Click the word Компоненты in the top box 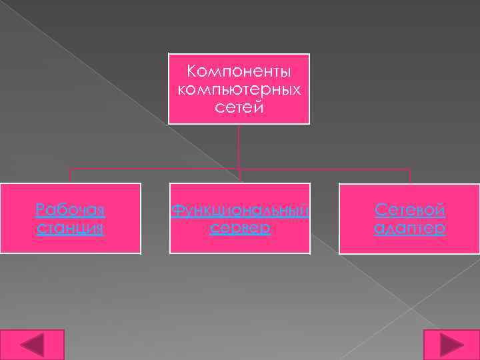[x=239, y=71]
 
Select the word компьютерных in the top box [x=239, y=89]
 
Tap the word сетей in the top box [x=239, y=107]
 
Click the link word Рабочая [x=70, y=211]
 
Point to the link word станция [x=70, y=229]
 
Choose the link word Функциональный [x=239, y=211]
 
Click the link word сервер [x=239, y=229]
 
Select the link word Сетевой [x=409, y=211]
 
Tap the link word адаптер [x=409, y=229]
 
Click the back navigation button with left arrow [x=32, y=345]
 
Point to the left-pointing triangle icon [x=31, y=345]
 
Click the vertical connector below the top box [x=239, y=147]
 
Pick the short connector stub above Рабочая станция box [x=70, y=176]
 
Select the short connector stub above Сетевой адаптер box [x=409, y=176]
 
